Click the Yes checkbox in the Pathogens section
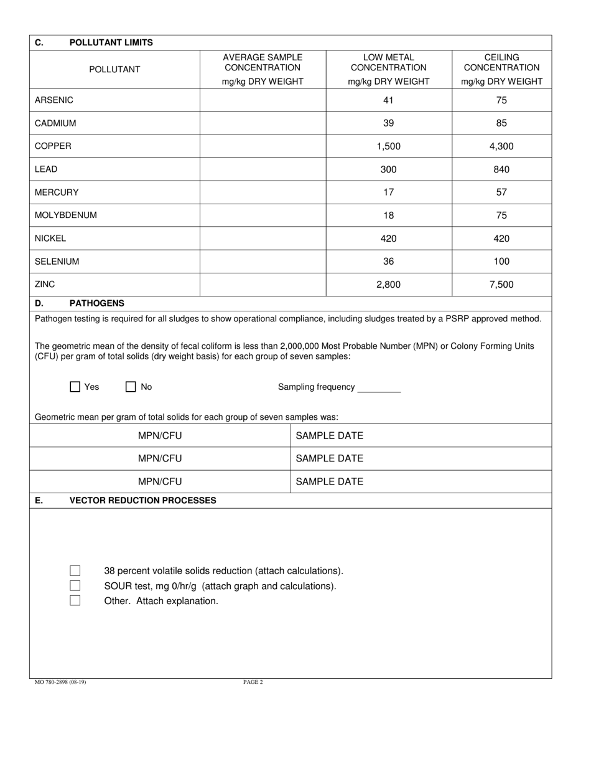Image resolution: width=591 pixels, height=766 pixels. [75, 387]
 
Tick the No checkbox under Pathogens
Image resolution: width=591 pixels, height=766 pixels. [131, 387]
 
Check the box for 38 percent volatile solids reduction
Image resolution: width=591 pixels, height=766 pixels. [75, 570]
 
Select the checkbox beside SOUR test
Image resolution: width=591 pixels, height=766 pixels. [75, 585]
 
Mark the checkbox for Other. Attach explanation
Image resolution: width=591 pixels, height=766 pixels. [75, 601]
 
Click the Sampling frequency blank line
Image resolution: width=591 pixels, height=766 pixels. [379, 387]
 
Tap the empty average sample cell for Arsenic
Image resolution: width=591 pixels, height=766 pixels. [263, 100]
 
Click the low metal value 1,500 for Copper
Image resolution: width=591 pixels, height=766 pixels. [388, 146]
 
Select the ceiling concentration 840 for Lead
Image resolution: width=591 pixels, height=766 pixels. [501, 169]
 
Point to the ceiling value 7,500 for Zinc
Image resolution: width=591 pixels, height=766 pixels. [501, 285]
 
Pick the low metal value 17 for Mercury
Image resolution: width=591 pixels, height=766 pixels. [388, 192]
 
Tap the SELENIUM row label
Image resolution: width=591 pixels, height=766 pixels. [57, 262]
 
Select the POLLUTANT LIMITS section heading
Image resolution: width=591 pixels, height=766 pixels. [111, 43]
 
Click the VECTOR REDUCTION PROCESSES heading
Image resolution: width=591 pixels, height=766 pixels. [142, 500]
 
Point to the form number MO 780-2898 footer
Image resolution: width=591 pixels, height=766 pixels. [60, 682]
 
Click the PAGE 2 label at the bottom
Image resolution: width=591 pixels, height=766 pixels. [253, 682]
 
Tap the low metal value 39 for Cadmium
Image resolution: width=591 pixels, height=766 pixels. [388, 123]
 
